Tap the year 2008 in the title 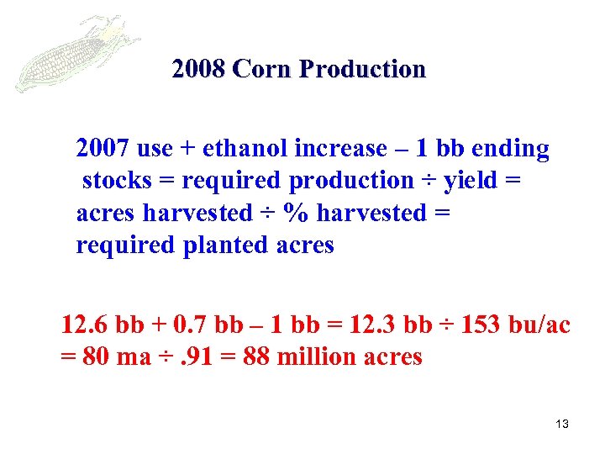pos(198,69)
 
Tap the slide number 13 pos(562,424)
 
